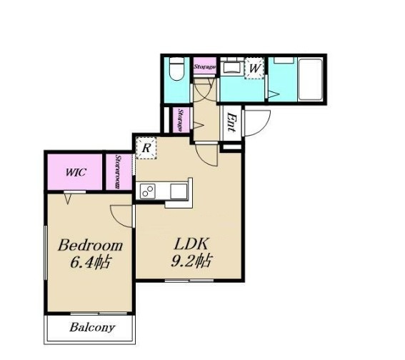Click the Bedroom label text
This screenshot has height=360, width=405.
[x=90, y=245]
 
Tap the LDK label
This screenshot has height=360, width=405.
[x=191, y=244]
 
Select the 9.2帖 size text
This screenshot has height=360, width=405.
[x=191, y=261]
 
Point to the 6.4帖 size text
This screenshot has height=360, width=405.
[x=90, y=262]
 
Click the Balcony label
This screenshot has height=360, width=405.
[x=92, y=327]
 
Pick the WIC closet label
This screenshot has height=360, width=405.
[x=76, y=172]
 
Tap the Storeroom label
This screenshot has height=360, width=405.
[x=118, y=171]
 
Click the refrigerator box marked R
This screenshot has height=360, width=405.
[x=146, y=148]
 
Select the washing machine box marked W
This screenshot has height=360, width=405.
[x=254, y=68]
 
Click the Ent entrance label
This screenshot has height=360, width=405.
[x=231, y=122]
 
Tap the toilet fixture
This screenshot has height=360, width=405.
[x=176, y=69]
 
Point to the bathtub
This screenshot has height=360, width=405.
[x=310, y=79]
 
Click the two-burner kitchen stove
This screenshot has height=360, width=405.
[x=147, y=191]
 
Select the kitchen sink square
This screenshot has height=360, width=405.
[x=179, y=191]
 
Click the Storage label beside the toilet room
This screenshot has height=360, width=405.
[x=204, y=66]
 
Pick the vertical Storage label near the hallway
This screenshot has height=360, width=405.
[x=181, y=120]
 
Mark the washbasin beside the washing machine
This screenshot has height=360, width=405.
[x=232, y=67]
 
